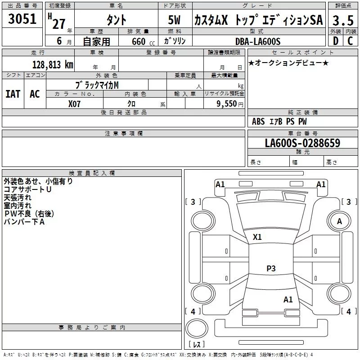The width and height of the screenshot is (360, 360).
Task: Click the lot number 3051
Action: coord(22,19)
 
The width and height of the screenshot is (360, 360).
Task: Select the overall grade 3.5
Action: coord(343,20)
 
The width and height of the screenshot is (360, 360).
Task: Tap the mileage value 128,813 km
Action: coord(53,65)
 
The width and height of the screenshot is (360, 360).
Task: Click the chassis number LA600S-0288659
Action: coord(302,143)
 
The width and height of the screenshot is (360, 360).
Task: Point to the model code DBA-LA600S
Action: coord(258,41)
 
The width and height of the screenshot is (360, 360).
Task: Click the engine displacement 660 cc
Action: coord(143,42)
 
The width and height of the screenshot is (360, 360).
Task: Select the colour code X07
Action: coord(74,104)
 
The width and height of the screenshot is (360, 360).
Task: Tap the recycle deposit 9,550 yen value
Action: coord(230,104)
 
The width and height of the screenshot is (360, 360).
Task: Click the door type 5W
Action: coord(174,20)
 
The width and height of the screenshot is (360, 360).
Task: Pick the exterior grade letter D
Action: coord(336,41)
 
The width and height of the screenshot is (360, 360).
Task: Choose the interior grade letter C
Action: coord(350,41)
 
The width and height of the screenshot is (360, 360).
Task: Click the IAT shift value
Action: coord(13,94)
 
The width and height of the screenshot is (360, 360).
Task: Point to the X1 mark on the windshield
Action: coord(257,237)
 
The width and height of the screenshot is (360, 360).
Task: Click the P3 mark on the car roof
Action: coord(271,268)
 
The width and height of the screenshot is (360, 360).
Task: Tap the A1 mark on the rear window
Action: coord(288,300)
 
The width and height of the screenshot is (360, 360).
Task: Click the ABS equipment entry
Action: coord(258,121)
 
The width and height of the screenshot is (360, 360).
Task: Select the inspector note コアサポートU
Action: coord(27,189)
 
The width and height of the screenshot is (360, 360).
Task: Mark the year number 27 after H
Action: coord(59,24)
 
